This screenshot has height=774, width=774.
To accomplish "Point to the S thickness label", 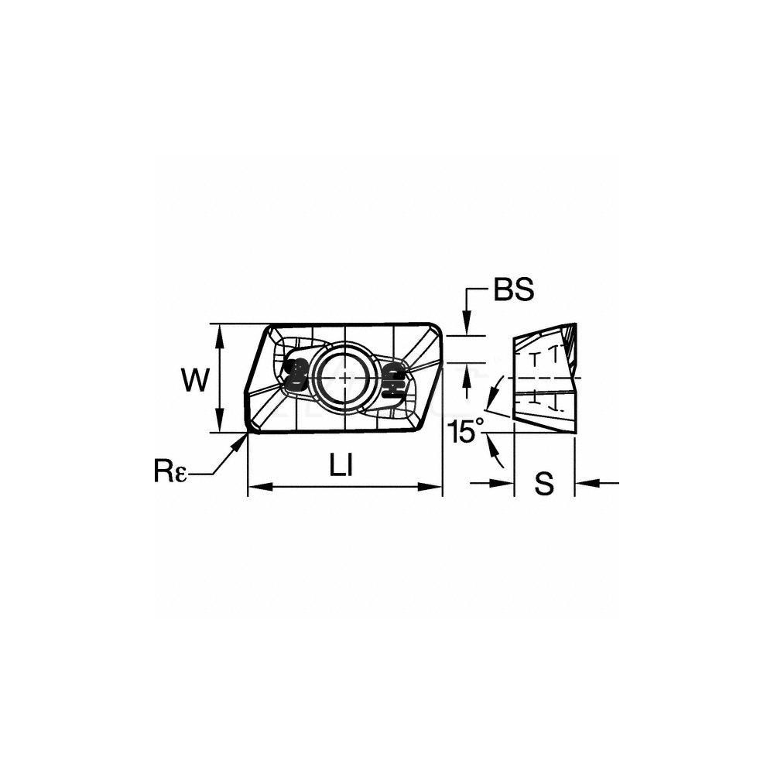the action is (x=544, y=484).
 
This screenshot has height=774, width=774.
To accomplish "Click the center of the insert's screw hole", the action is (x=345, y=377).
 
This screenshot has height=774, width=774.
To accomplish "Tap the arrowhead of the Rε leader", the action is (x=241, y=441).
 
